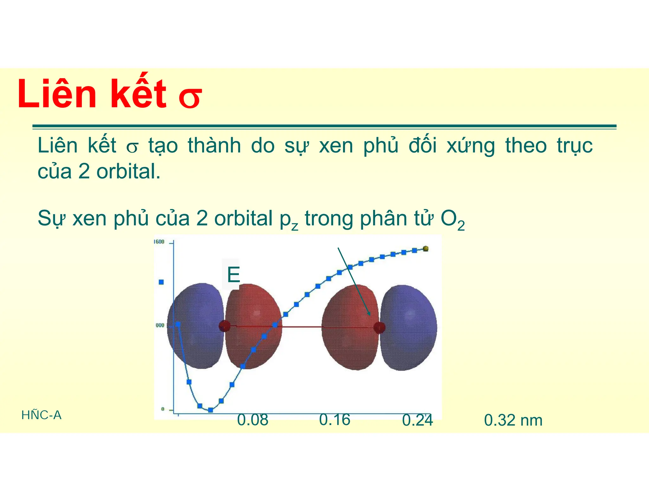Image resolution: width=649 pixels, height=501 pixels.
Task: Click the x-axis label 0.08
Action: [x=253, y=420]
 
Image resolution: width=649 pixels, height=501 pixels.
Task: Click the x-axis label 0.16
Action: [x=335, y=420]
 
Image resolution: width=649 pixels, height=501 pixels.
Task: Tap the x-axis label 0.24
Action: [x=417, y=420]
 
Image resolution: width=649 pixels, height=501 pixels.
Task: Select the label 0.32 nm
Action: [x=513, y=420]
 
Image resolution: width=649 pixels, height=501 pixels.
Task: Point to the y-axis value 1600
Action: [x=159, y=242]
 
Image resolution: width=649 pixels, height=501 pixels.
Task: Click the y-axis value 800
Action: [x=160, y=325]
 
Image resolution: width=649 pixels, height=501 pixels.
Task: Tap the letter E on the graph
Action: [x=233, y=275]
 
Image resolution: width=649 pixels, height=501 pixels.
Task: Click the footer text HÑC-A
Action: [x=41, y=415]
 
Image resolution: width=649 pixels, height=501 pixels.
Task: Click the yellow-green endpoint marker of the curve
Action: [x=426, y=249]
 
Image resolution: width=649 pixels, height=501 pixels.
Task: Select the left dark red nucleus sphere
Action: [x=225, y=326]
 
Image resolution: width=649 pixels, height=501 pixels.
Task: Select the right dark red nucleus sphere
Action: [x=379, y=327]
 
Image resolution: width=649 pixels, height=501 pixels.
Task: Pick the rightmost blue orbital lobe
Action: [x=409, y=328]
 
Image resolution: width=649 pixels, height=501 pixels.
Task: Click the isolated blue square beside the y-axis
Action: [x=161, y=282]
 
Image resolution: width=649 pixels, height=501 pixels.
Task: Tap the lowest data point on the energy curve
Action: [x=210, y=410]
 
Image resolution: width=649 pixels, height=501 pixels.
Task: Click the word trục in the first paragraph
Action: [x=575, y=146]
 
